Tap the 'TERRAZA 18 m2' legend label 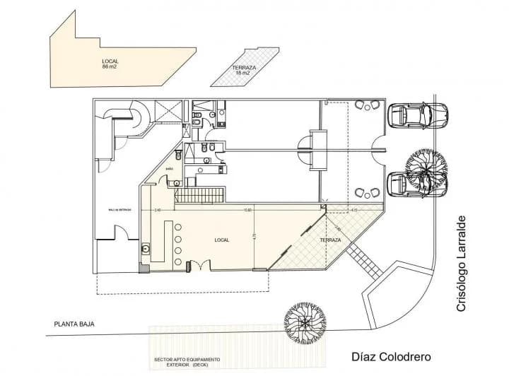pos(244,71)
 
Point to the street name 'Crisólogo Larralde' pos(463,263)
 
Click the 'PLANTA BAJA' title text pos(74,324)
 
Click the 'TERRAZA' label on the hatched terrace pos(330,240)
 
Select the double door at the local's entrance pos(199,264)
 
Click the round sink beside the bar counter pos(147,248)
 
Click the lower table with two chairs pos(367,192)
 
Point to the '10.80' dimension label pos(247,210)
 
